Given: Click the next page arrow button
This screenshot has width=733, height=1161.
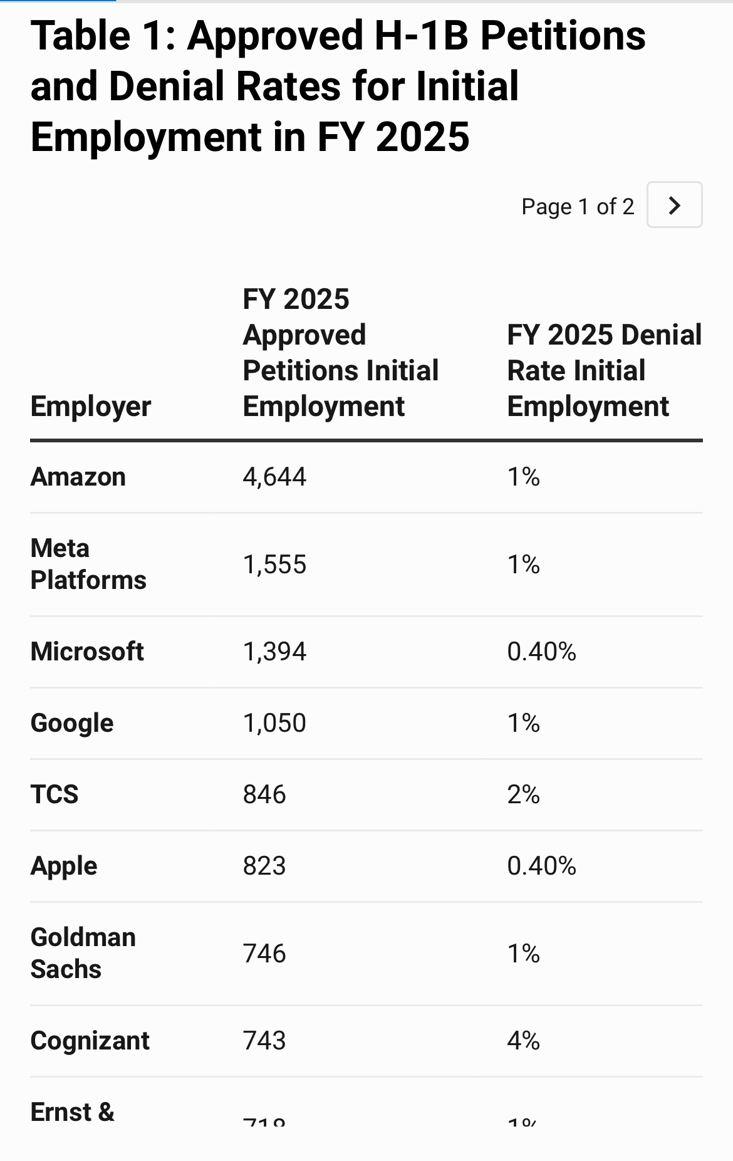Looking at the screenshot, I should (x=674, y=205).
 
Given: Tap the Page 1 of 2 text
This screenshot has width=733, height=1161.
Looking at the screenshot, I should (x=577, y=206).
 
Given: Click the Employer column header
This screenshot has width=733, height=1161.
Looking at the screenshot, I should (x=91, y=406).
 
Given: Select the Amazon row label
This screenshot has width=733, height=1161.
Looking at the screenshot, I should (x=78, y=477).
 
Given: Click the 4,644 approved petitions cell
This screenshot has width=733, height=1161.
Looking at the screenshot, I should (x=274, y=477).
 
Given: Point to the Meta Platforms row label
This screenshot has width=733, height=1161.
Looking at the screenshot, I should (x=88, y=564).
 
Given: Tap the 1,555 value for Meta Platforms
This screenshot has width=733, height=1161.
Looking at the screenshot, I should (x=274, y=565).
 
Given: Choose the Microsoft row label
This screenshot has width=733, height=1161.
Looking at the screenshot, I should (x=87, y=652).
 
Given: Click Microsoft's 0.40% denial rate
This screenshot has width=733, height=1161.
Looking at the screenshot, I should (x=541, y=652).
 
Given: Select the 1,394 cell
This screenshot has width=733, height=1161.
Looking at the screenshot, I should (x=274, y=652).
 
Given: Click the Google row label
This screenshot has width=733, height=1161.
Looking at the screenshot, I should (x=72, y=723).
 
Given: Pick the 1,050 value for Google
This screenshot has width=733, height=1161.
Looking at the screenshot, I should (x=274, y=723).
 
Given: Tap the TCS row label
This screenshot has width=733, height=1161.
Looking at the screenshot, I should (x=55, y=794).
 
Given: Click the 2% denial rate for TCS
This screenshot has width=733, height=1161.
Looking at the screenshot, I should (x=523, y=794).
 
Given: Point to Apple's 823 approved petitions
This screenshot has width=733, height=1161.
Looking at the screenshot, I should (x=264, y=866).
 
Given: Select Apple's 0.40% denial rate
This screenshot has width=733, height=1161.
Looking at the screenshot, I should (x=541, y=866).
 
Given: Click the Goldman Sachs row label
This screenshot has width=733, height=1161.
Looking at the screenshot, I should (x=83, y=953).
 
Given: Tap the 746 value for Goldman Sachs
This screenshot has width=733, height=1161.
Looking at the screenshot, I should (x=264, y=954).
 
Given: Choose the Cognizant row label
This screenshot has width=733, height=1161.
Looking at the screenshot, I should (x=90, y=1041).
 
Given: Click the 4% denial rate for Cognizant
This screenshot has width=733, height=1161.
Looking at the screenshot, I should (x=523, y=1041).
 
